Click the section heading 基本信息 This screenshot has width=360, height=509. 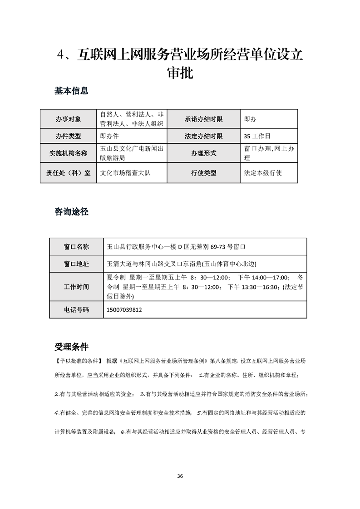click(x=71, y=91)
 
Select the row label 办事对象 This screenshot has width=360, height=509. click(x=68, y=119)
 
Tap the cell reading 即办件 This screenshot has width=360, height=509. click(x=109, y=136)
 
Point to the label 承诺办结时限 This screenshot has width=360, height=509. click(x=203, y=119)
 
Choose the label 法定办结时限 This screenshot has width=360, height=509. click(x=203, y=136)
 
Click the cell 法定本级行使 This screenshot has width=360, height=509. click(x=263, y=173)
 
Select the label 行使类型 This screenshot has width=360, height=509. click(x=203, y=173)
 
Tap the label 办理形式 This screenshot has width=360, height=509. click(x=203, y=154)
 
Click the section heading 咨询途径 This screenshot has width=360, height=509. click(x=71, y=211)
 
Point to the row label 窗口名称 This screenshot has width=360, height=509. click(x=76, y=247)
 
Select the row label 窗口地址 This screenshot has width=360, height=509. click(x=76, y=264)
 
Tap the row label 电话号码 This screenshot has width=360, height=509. click(x=76, y=309)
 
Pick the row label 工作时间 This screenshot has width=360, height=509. click(x=76, y=287)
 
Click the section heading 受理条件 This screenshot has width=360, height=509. click(x=71, y=347)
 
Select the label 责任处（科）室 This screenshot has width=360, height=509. click(x=68, y=173)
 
